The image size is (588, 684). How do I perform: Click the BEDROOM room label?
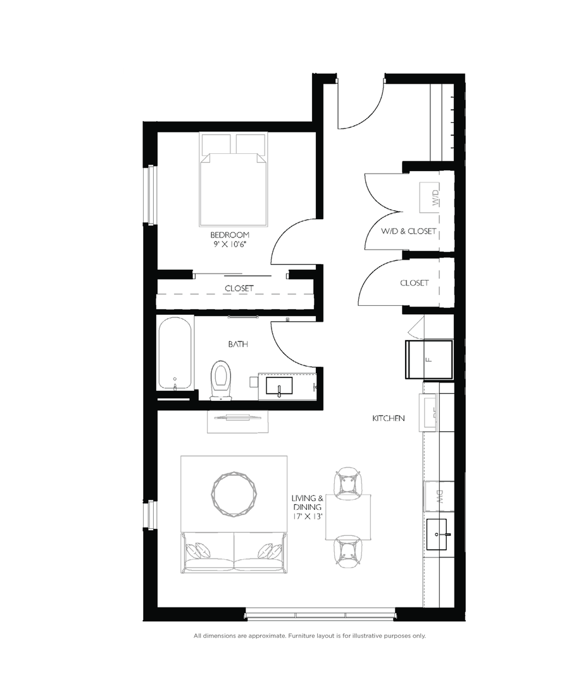[x=229, y=234]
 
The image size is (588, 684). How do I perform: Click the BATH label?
[x=238, y=345]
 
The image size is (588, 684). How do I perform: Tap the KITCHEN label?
[x=388, y=419]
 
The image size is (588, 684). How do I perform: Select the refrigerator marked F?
[x=429, y=359]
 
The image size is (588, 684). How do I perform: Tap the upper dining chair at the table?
[x=348, y=481]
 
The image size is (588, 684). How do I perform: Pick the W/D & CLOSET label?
[x=408, y=231]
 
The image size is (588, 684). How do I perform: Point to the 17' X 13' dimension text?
[x=308, y=517]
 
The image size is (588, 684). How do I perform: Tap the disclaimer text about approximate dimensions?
[x=310, y=635]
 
